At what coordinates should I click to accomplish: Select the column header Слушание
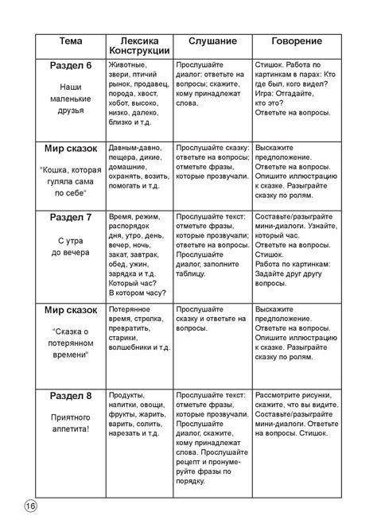click(212, 40)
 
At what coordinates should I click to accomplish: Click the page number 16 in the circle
click(29, 506)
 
